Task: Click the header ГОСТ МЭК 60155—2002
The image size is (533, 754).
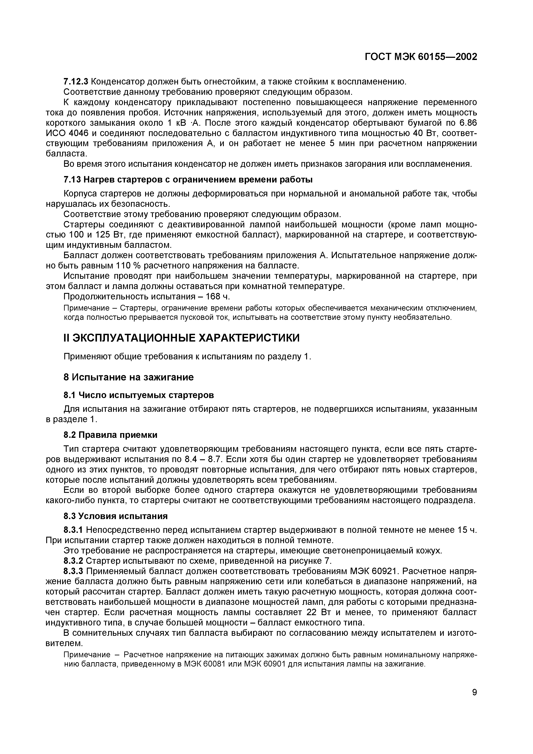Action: pos(421,57)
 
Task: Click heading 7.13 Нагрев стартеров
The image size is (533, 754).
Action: pos(187,180)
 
